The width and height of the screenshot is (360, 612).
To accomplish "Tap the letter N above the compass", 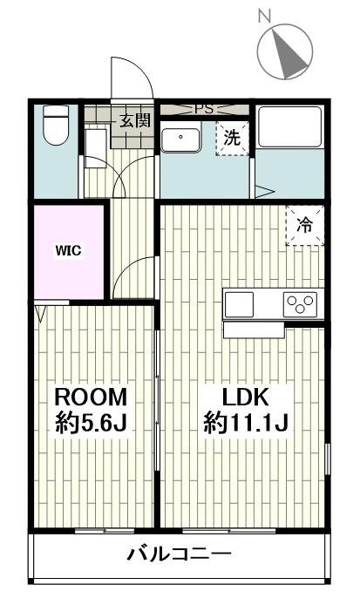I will pyautogui.click(x=265, y=15).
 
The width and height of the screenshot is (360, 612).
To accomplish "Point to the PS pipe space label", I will pyautogui.click(x=203, y=109).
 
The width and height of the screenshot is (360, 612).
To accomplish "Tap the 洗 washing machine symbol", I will pyautogui.click(x=232, y=138).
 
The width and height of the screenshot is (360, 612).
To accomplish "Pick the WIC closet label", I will pyautogui.click(x=68, y=250).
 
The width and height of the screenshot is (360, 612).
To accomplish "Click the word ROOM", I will pyautogui.click(x=92, y=398).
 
